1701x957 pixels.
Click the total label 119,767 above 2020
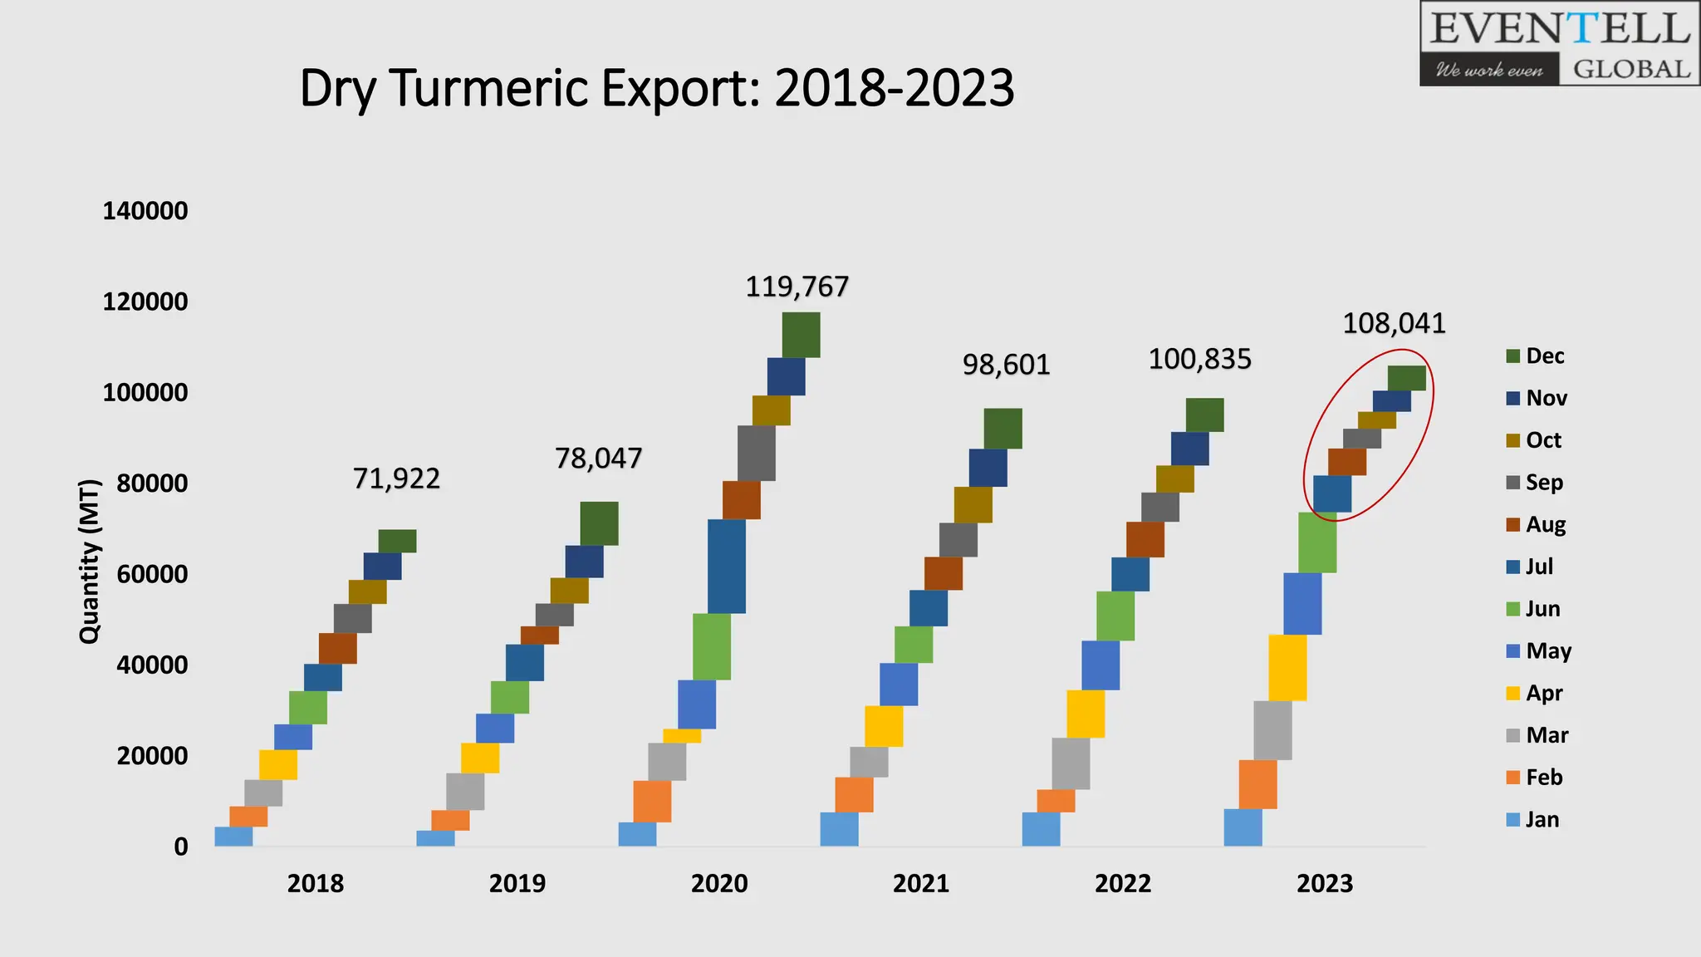797,287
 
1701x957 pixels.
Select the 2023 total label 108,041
1394,324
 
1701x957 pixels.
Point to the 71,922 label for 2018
396,479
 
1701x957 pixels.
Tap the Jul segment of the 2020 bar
726,566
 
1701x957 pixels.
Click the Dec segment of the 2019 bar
599,523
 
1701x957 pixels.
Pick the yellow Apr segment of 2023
1287,667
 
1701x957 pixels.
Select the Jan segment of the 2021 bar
839,829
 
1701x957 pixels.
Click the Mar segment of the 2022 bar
1071,763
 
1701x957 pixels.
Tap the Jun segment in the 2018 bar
308,708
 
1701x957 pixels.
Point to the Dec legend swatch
1513,356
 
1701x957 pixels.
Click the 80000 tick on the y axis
152,483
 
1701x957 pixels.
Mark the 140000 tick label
145,211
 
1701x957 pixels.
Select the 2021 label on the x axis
920,884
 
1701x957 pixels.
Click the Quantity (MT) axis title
89,562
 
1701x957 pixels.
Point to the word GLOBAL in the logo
1631,69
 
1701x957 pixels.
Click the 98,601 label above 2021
1006,366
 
